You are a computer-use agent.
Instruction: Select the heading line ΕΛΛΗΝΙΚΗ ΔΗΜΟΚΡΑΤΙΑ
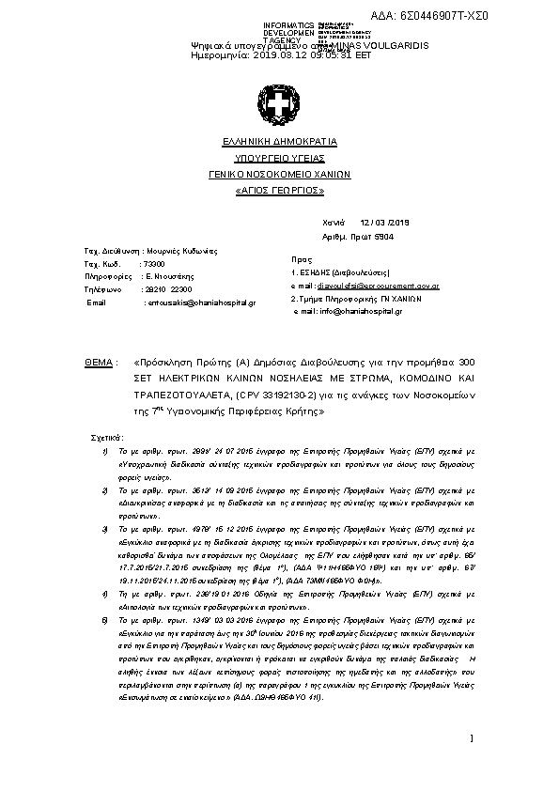click(279, 141)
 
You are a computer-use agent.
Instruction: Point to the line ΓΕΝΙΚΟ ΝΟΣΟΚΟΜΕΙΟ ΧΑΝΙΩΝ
click(279, 174)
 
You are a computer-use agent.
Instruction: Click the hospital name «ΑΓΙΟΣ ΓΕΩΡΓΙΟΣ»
click(279, 190)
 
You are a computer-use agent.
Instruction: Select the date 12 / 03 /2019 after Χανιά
click(393, 223)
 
